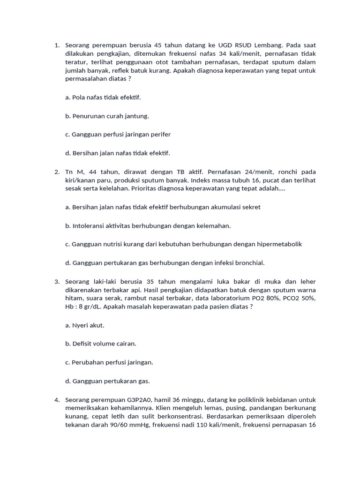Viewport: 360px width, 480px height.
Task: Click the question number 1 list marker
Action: tap(57, 45)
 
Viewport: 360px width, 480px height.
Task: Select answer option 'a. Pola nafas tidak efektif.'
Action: tap(103, 97)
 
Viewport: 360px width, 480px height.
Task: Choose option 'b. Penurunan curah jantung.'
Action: tap(107, 116)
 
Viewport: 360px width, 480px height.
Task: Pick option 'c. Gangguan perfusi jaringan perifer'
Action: tap(118, 135)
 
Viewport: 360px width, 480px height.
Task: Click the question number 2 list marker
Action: tap(57, 172)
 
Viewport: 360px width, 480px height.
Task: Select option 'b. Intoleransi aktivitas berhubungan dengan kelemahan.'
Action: tap(148, 226)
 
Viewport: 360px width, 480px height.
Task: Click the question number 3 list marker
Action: tap(57, 281)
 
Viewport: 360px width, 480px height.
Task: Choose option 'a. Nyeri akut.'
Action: tap(85, 325)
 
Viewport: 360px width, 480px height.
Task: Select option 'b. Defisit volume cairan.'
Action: tap(101, 344)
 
